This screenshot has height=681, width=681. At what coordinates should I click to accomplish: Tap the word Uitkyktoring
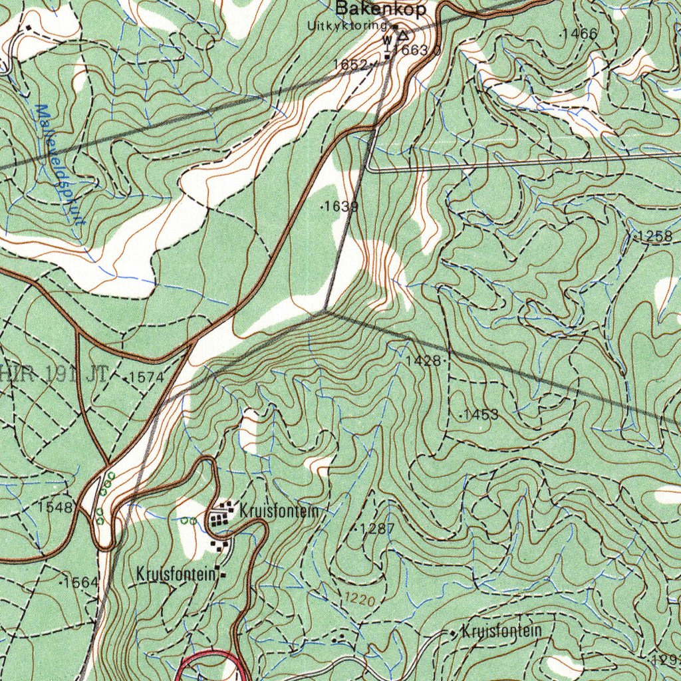(346, 26)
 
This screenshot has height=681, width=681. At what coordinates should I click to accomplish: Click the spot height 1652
(350, 64)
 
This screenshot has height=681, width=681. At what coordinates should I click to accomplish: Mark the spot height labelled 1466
(579, 33)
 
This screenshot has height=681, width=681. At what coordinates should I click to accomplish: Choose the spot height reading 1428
(423, 361)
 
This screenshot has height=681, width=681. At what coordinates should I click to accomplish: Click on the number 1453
(480, 415)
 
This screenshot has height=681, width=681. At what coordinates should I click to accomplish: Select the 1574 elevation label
(145, 377)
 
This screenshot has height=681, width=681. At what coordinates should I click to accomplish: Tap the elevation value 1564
(80, 583)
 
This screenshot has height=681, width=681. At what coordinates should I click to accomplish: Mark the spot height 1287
(376, 529)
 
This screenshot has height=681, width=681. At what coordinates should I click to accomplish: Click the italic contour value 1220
(360, 600)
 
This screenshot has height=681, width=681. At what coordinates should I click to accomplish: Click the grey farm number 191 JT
(76, 374)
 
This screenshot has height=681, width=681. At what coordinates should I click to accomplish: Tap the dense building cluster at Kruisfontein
(220, 517)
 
